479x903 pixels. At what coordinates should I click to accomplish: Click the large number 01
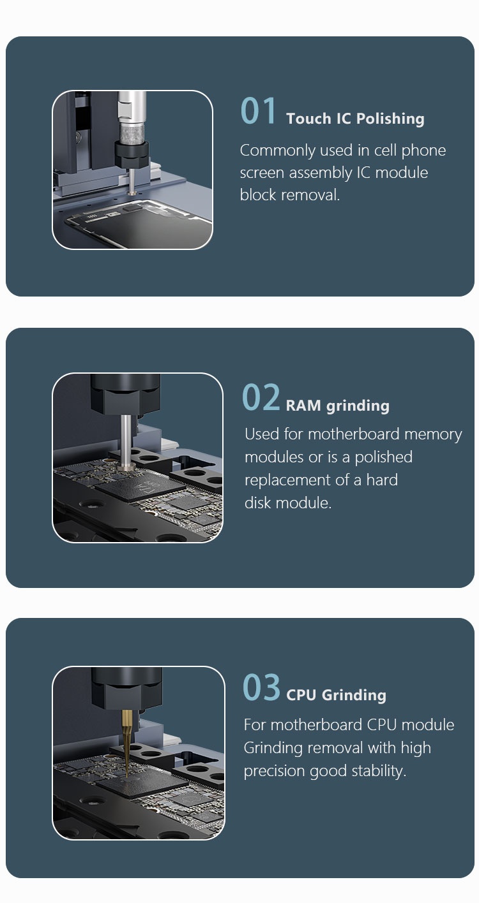coord(258,110)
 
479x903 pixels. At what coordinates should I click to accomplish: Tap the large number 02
coord(261,397)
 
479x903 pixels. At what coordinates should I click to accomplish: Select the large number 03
coord(261,687)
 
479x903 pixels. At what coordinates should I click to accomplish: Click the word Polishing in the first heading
coord(391,119)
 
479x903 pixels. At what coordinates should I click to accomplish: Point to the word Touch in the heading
coord(308,119)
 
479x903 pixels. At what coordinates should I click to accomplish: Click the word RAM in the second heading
coord(303,406)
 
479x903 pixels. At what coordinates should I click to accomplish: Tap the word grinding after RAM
coord(358,406)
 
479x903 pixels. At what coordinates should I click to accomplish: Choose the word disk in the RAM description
coord(259,503)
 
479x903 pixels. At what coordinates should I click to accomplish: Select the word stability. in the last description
coord(379,772)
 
